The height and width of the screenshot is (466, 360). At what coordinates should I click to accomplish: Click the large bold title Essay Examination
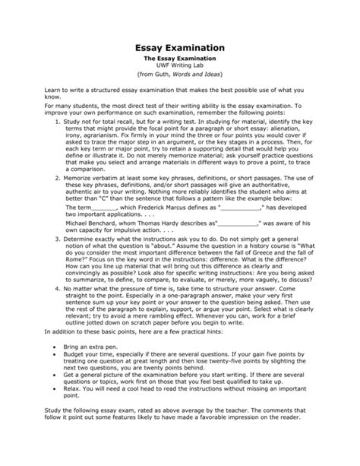[179, 47]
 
